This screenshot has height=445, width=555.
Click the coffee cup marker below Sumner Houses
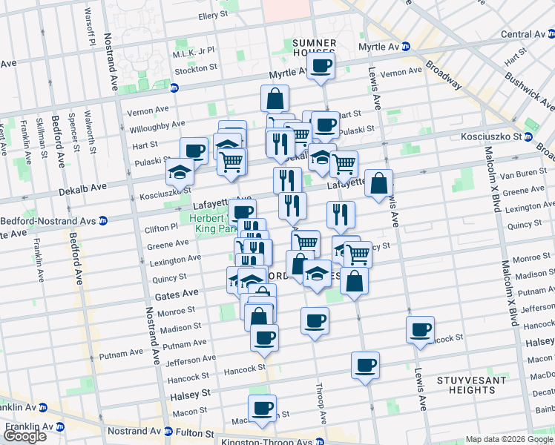coord(321,66)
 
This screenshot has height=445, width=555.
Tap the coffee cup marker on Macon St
coord(262,408)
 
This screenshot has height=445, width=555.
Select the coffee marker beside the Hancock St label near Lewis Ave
coord(420,329)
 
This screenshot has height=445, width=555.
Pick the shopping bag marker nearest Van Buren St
coord(378,182)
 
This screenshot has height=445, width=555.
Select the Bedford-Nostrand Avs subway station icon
coord(104,220)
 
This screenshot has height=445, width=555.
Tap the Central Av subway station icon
coord(550,34)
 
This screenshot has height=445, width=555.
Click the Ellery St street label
coord(212,15)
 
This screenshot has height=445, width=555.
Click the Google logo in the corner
coord(24,436)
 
